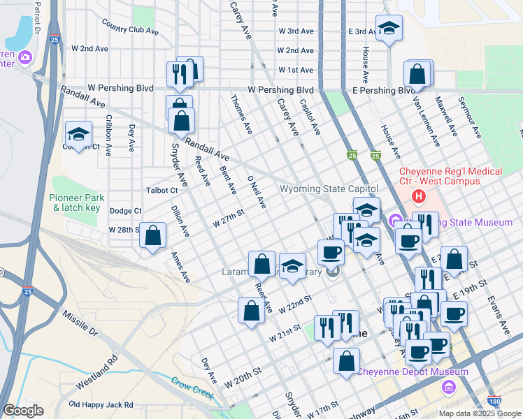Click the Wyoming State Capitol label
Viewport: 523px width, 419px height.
point(329,189)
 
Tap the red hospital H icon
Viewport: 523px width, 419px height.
point(419,195)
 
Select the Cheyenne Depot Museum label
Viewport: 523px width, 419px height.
point(413,372)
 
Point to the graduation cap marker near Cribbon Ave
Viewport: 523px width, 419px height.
point(78,133)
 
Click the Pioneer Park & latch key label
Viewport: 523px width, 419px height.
point(78,203)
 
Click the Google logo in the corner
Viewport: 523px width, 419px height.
point(23,410)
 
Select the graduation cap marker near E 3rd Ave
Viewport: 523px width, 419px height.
point(389,28)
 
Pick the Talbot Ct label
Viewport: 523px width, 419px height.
point(162,190)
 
